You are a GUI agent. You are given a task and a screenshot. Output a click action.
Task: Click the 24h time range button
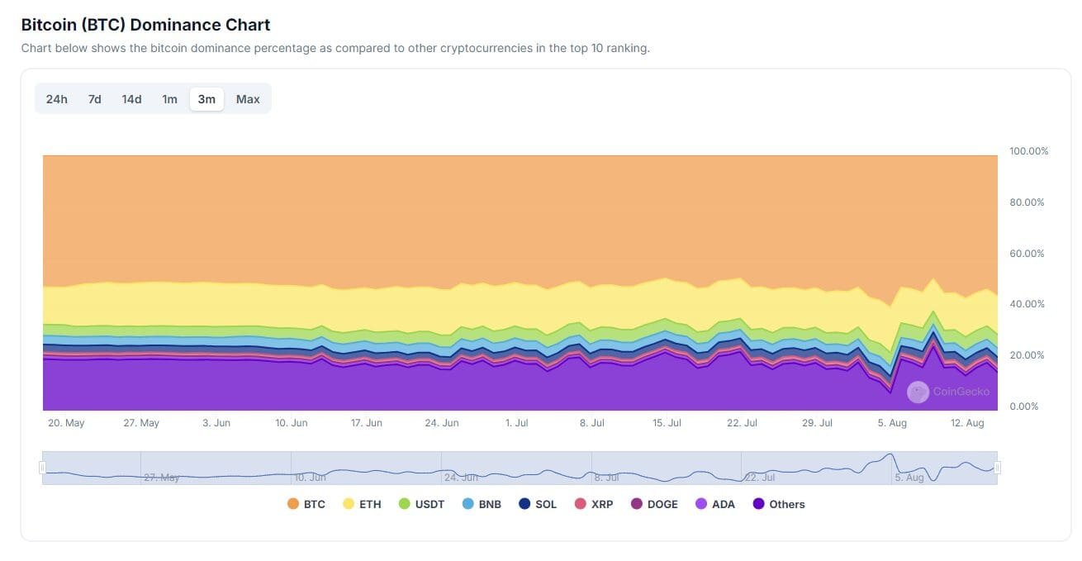click(56, 99)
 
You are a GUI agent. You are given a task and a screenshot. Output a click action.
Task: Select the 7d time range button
click(94, 99)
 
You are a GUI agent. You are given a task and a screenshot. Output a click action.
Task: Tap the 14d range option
click(131, 99)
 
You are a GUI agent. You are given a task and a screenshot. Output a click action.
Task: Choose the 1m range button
click(169, 99)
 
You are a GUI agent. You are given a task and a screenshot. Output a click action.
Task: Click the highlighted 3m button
click(206, 99)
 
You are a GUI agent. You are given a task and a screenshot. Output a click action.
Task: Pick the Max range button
click(248, 99)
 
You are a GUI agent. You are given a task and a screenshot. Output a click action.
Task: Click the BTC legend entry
click(306, 504)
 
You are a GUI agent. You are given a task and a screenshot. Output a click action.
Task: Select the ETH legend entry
click(362, 504)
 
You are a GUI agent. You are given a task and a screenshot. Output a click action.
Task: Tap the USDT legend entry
click(421, 504)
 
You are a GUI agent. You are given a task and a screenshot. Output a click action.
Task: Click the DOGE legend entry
click(655, 504)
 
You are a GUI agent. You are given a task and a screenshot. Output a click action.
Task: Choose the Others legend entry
click(779, 504)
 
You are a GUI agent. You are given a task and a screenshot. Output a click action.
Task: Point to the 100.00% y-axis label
click(1028, 151)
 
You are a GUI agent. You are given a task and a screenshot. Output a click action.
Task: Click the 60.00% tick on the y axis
click(1027, 254)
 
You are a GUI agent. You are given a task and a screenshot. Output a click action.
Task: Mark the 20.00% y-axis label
click(1027, 355)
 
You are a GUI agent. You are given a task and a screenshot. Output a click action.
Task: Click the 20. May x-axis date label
click(66, 423)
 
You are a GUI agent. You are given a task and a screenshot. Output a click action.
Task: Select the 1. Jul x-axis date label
click(516, 423)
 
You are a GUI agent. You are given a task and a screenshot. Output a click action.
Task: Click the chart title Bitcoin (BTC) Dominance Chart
click(145, 25)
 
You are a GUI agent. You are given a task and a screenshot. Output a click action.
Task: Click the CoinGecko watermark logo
click(918, 392)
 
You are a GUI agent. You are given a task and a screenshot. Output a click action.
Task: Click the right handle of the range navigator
click(998, 468)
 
